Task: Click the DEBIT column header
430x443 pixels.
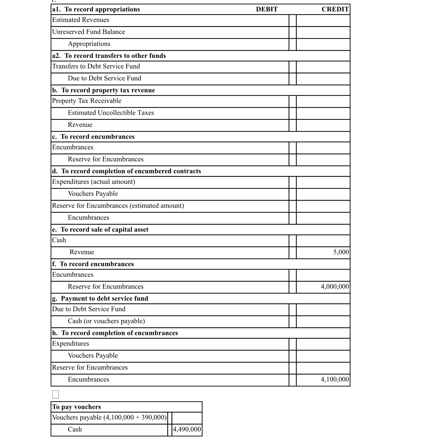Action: (x=267, y=9)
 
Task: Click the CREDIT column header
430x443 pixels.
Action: (x=335, y=9)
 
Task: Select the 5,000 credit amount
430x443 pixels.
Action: (x=341, y=252)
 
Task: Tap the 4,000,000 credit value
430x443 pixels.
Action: (x=335, y=286)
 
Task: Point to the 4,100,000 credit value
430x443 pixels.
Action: (x=335, y=379)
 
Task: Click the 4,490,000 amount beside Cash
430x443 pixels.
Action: (x=187, y=429)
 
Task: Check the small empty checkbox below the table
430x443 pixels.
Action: (x=55, y=394)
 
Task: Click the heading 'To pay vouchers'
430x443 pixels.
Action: (x=76, y=407)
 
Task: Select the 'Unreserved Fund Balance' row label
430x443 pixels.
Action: (x=88, y=32)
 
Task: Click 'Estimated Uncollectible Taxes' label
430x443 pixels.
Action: (x=111, y=113)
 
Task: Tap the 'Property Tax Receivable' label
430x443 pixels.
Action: (x=87, y=101)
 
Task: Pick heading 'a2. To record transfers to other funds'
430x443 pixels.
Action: (x=109, y=56)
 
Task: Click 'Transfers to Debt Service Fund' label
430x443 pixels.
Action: (x=96, y=66)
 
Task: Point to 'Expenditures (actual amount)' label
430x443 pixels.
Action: (x=93, y=182)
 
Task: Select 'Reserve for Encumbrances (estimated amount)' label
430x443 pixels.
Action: (x=118, y=206)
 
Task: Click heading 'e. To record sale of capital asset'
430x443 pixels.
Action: (x=100, y=230)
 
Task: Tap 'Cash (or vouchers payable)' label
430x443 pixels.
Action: (x=106, y=321)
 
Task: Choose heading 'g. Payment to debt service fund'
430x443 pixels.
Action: (x=100, y=299)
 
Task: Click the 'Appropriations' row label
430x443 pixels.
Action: (x=89, y=44)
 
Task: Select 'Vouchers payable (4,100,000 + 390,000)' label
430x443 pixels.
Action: (x=109, y=418)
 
